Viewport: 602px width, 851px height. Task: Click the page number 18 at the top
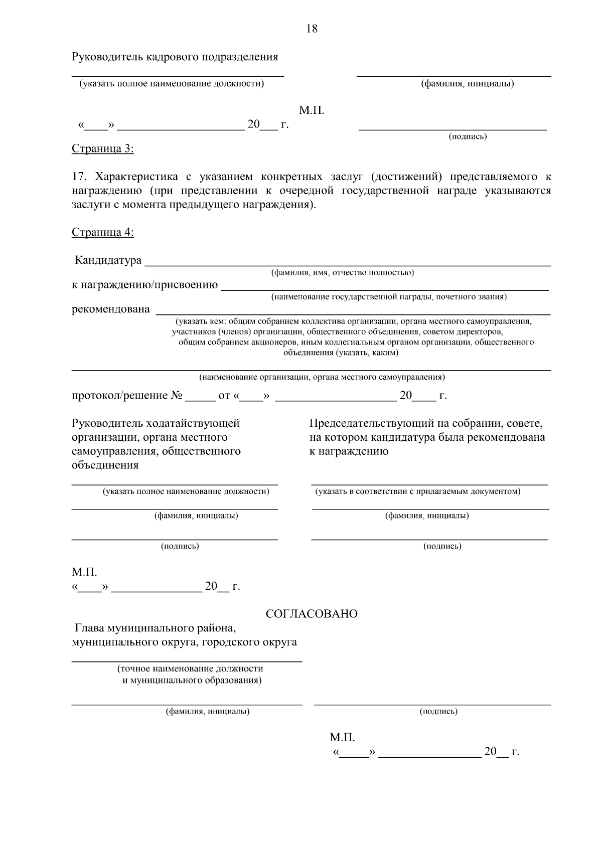[x=312, y=29]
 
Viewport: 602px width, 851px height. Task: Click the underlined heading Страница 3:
[x=103, y=149]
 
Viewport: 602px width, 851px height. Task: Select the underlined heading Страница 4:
[x=103, y=232]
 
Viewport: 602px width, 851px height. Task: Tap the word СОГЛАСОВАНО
[x=312, y=614]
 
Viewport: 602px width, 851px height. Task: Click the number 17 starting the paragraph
[x=80, y=177]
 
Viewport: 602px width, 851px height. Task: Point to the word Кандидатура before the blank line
[x=108, y=261]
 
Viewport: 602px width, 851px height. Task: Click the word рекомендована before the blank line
[x=111, y=309]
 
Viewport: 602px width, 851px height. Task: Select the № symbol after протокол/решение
[x=177, y=396]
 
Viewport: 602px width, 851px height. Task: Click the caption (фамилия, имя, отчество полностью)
[x=342, y=273]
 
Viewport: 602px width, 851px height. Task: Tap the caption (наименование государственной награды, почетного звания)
[x=389, y=297]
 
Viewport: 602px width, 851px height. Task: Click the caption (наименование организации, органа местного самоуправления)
[x=322, y=377]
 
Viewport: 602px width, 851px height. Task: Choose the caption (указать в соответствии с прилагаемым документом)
[x=418, y=491]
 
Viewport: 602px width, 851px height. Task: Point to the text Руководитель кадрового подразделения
[x=175, y=57]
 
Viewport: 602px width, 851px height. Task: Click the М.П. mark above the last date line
[x=342, y=738]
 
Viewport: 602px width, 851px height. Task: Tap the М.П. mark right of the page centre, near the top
[x=312, y=110]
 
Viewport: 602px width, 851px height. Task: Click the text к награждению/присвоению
[x=145, y=285]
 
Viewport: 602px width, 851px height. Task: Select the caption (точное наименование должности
[x=190, y=668]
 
